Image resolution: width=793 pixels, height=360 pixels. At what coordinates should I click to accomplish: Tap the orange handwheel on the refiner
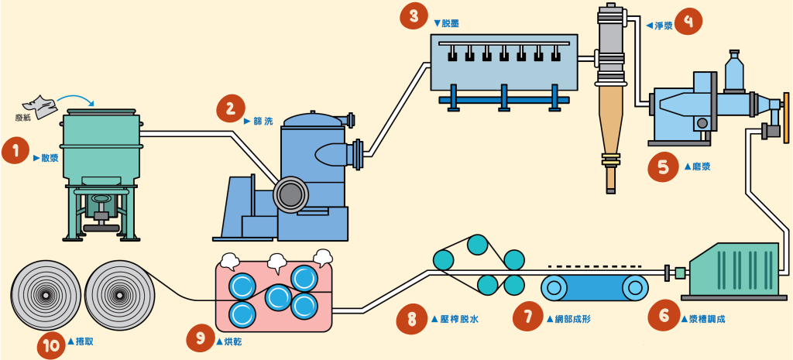coord(786,118)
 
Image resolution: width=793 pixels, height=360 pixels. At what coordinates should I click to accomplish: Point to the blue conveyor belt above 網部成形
coord(594,287)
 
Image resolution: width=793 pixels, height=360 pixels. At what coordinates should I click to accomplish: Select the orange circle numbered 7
coord(528,316)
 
